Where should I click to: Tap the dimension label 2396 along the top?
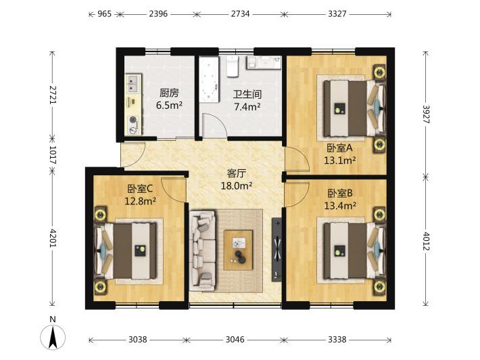[158, 14]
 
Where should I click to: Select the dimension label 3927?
[426, 114]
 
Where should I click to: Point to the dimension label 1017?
[53, 155]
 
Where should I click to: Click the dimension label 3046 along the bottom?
[235, 340]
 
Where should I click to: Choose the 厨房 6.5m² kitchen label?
[169, 99]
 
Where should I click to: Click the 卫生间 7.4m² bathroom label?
[247, 100]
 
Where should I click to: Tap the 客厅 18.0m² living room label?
[237, 179]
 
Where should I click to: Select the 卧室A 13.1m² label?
[340, 154]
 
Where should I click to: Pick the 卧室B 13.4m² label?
[340, 199]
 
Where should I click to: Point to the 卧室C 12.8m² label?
[140, 195]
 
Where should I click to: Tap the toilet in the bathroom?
[233, 66]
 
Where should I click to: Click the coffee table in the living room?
[238, 250]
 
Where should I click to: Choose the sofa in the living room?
[202, 250]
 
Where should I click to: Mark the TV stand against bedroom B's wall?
[277, 250]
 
